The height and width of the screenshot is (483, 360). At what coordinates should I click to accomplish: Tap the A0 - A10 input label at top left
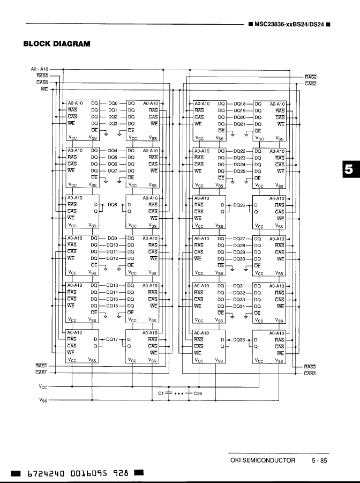(39, 69)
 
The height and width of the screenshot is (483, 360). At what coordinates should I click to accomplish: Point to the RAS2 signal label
(311, 77)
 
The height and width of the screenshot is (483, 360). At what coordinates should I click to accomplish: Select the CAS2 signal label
(311, 84)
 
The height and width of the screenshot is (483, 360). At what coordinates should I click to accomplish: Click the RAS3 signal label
(310, 367)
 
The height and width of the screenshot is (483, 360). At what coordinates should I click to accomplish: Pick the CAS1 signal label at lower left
(42, 373)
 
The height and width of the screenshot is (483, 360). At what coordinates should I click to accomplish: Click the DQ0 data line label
(112, 103)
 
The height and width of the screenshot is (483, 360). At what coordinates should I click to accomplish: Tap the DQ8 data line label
(112, 205)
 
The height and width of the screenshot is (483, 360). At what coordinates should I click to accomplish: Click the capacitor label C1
(161, 393)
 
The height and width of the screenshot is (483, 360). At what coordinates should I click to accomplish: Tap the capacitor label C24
(198, 393)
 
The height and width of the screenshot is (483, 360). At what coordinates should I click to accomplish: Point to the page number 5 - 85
(319, 460)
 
